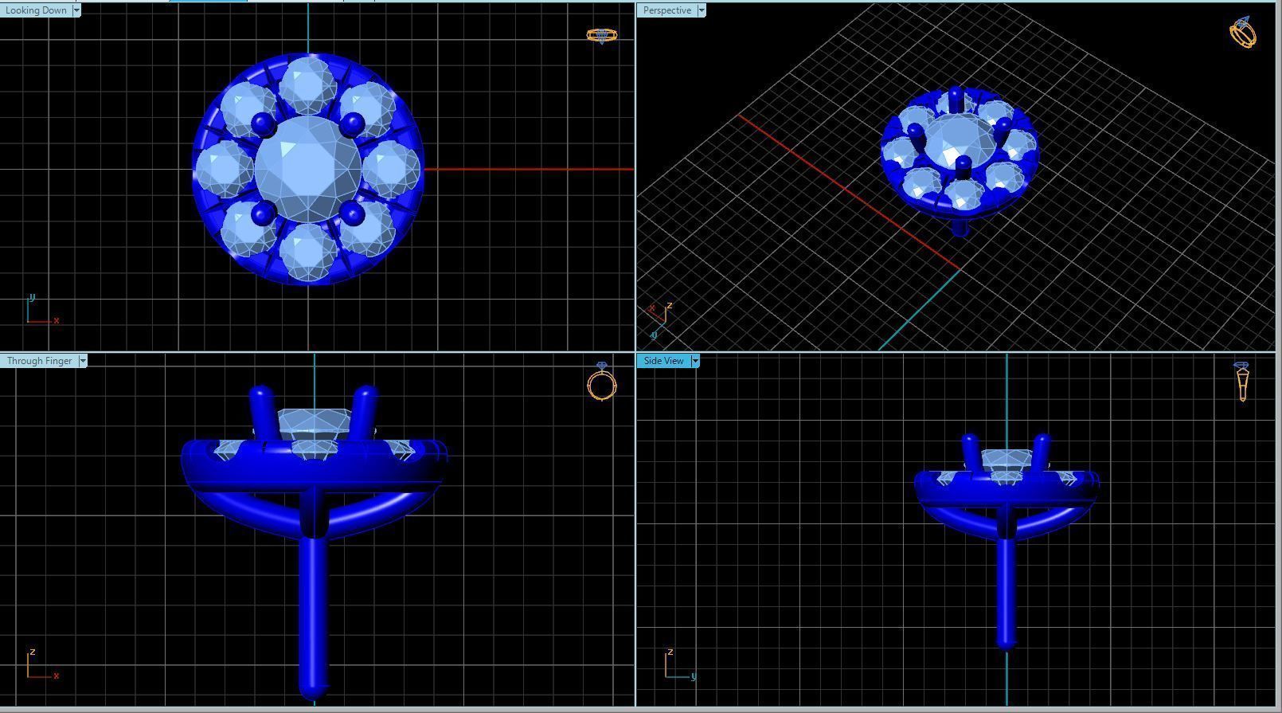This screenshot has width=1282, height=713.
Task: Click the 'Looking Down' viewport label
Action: pos(36,10)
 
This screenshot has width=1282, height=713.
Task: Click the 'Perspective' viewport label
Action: pos(666,10)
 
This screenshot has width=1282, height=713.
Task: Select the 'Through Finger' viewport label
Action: pos(39,361)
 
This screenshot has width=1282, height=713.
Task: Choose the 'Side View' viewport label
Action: pos(663,361)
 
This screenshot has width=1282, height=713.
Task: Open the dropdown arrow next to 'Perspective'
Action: pos(702,10)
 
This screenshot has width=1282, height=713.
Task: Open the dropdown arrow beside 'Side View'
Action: pos(695,361)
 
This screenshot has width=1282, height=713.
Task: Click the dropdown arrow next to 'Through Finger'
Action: pos(83,361)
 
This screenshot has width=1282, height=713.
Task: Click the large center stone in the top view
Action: pos(307,169)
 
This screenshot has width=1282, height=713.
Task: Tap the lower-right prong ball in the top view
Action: pos(351,213)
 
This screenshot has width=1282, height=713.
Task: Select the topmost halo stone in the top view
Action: pos(307,84)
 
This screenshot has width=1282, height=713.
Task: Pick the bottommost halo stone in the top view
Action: pos(307,253)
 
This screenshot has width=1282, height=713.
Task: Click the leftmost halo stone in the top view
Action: pos(224,169)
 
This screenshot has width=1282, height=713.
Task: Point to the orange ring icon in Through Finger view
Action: pos(602,382)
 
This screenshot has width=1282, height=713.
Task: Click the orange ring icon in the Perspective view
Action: pos(1243,33)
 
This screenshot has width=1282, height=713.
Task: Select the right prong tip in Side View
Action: pos(1041,441)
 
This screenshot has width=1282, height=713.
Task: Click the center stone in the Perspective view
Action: pos(958,140)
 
